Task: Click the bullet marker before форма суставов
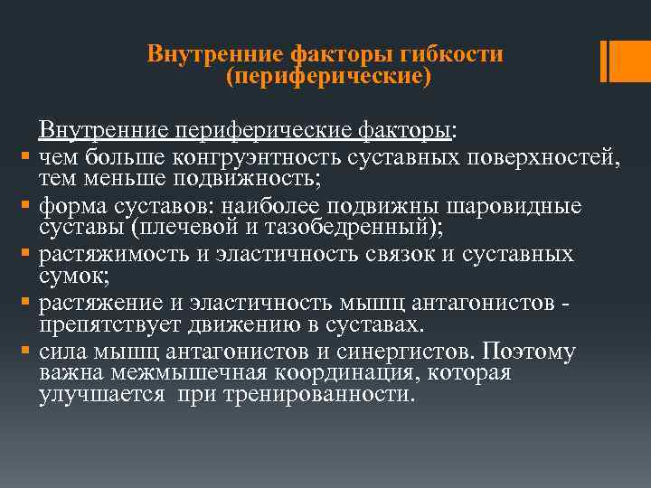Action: (x=28, y=206)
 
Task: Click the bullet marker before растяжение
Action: (x=28, y=304)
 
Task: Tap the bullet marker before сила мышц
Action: (x=28, y=352)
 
